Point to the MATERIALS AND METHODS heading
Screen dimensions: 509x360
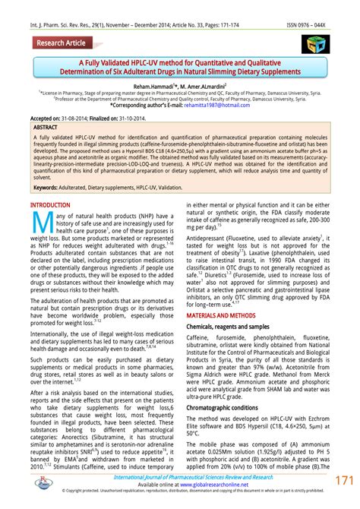tap(227, 314)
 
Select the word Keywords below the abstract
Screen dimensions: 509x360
tap(47, 187)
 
